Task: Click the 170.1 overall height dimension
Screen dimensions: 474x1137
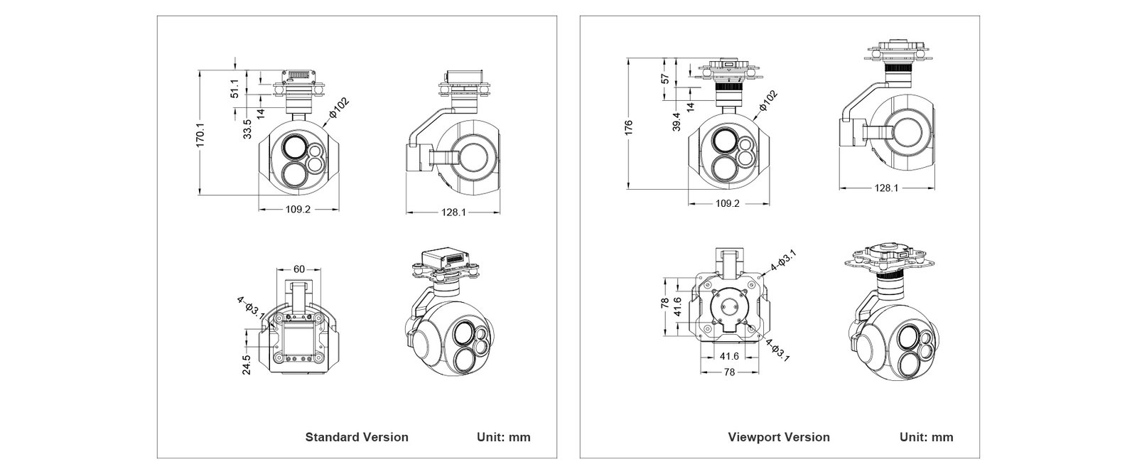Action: click(x=200, y=134)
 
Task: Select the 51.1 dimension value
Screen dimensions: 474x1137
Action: click(x=235, y=90)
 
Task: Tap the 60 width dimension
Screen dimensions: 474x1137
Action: click(x=299, y=269)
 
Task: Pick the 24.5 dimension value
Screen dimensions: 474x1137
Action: click(x=246, y=365)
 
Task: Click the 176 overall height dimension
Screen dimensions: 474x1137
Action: click(x=628, y=126)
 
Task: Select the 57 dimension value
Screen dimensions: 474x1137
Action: click(x=665, y=78)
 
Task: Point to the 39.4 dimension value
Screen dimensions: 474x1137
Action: click(x=677, y=122)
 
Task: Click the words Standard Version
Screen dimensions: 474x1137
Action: click(x=357, y=437)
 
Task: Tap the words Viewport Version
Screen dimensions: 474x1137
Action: click(x=779, y=437)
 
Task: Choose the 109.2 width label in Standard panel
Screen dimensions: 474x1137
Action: click(x=299, y=210)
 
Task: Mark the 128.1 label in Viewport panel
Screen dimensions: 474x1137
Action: click(x=887, y=188)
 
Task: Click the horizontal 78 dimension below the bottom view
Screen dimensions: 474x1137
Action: click(x=728, y=372)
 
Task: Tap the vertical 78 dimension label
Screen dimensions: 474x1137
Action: click(x=665, y=303)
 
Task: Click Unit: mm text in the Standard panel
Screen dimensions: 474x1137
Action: click(x=503, y=437)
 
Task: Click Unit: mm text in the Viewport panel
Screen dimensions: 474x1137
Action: click(x=927, y=437)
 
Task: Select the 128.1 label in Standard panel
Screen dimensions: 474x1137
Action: click(x=453, y=212)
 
